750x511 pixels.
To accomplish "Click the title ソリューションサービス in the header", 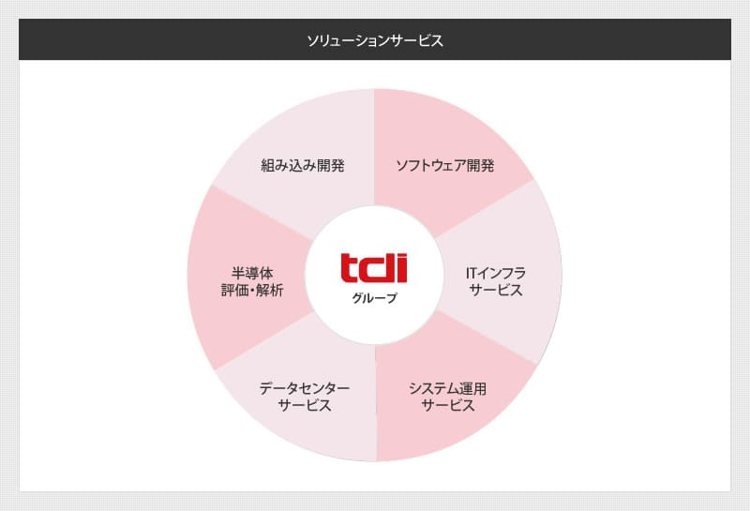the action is pos(375,40).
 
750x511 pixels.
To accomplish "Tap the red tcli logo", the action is pos(374,268).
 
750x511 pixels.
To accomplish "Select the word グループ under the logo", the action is pos(374,298).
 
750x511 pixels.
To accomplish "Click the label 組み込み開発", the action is pos(303,166).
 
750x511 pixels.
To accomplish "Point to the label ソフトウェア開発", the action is pos(444,166).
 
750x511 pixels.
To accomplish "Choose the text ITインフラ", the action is pos(496,273).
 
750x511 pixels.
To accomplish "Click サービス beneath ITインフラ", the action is pos(496,290).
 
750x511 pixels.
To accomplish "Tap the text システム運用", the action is pos(448,388).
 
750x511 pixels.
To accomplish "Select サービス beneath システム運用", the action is pos(448,405).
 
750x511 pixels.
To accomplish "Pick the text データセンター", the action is pos(305,388).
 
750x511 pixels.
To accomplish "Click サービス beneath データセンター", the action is pos(305,405).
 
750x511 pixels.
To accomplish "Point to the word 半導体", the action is pos(252,273).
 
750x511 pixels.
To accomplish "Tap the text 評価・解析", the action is pos(252,290).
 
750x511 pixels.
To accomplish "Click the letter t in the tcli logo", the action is pos(350,268).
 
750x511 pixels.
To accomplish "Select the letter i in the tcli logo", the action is pos(402,268).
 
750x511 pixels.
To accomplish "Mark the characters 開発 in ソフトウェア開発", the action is pos(481,166).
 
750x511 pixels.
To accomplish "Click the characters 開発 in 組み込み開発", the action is pos(331,166).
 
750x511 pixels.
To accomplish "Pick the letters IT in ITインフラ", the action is pos(472,273).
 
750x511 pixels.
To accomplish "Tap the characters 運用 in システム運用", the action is pos(473,388).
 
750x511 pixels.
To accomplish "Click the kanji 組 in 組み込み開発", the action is pos(268,166).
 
